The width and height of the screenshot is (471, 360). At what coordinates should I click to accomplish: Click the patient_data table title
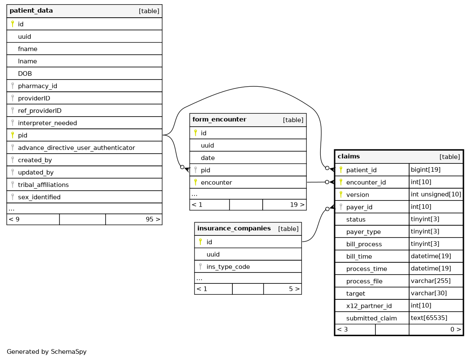coord(31,11)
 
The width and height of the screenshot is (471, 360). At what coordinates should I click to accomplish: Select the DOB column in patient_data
coord(25,74)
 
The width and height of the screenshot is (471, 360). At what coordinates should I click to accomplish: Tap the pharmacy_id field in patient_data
coord(37,86)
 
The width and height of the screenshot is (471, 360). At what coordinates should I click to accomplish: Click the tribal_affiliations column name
coord(43,185)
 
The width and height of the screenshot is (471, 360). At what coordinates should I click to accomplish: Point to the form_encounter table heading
coord(219,120)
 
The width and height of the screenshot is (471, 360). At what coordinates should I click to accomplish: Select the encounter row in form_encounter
coord(216,182)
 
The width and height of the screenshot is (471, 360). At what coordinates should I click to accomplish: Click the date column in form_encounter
coord(208,158)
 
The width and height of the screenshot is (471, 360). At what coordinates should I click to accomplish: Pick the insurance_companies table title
coord(234,229)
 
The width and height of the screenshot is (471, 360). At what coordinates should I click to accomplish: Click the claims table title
coord(349,157)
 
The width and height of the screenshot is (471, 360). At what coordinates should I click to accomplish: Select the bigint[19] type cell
coord(425,170)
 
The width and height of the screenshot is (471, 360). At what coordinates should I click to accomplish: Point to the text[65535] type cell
coord(428,318)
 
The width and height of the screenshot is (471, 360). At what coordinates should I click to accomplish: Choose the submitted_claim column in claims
coord(371,318)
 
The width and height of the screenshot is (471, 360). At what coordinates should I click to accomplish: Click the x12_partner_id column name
coord(369,306)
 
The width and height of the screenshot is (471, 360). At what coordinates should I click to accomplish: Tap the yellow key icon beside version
coord(341,195)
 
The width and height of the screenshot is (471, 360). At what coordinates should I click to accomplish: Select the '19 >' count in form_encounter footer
coord(297,205)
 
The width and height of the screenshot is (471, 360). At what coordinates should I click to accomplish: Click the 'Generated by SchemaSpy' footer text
coord(46,352)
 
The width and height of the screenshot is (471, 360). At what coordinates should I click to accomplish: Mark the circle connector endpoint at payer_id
coord(327,209)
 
